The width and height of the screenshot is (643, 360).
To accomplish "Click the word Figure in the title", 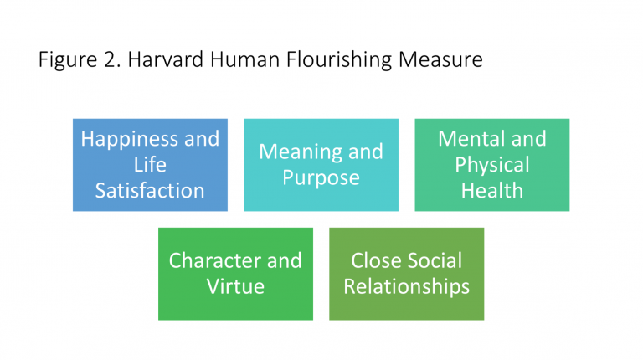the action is tap(68, 60).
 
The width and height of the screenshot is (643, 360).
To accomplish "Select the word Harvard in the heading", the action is tap(166, 59).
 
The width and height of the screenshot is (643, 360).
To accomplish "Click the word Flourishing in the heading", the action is tap(339, 60).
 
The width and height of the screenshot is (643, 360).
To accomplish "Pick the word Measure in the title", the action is tap(440, 59).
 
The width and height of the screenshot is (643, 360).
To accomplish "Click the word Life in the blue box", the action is tap(150, 164).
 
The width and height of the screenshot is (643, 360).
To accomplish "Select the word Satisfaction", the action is tap(150, 191).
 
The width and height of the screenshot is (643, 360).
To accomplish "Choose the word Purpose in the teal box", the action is tap(321, 178).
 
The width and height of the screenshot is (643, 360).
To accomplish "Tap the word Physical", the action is tap(492, 165).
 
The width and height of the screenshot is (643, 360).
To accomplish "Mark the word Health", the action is tap(492, 191).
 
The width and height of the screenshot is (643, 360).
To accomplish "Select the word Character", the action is tap(215, 260).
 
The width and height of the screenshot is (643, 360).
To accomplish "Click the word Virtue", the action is tap(235, 286).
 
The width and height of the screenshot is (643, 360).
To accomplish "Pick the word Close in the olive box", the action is tap(375, 260).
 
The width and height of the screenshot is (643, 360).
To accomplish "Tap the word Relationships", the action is tap(406, 287).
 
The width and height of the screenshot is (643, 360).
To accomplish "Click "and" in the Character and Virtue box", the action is tap(285, 260).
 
